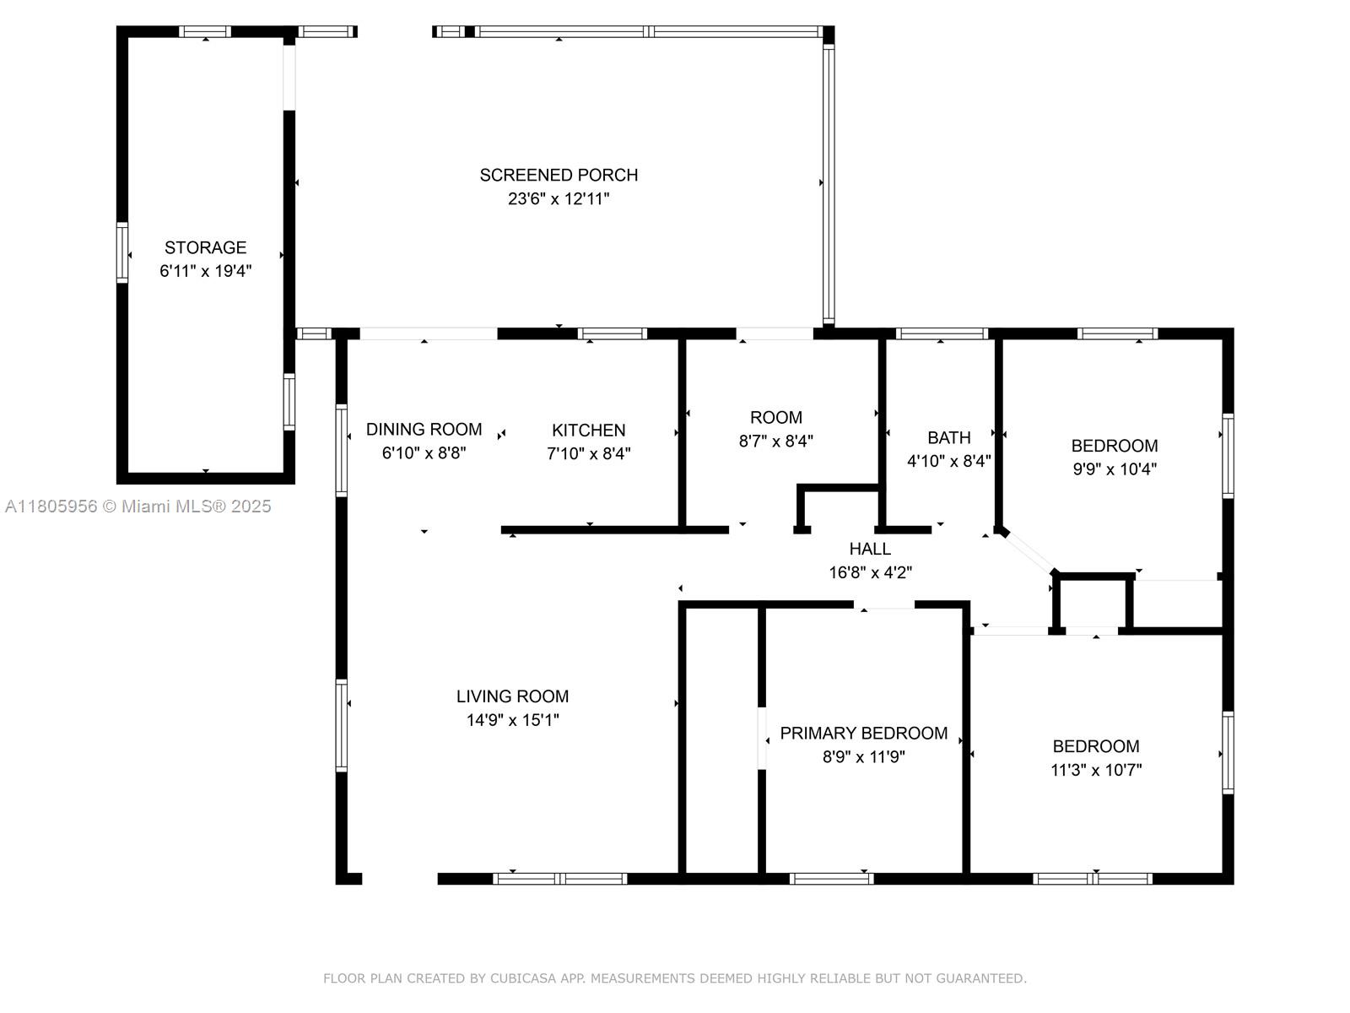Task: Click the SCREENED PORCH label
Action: pos(559,175)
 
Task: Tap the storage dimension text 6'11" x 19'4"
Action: pos(205,271)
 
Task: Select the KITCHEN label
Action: pos(588,430)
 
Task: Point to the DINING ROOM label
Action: pos(424,429)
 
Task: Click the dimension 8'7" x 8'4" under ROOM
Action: pos(775,441)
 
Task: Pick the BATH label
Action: pos(948,437)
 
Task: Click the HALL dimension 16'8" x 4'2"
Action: pos(870,572)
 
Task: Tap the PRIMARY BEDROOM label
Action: pos(863,733)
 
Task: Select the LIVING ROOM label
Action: pos(512,696)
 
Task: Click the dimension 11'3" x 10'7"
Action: pos(1095,770)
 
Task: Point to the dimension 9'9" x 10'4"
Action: pos(1114,469)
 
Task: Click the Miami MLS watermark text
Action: pos(138,506)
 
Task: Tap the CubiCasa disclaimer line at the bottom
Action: pos(674,978)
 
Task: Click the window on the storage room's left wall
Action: pos(122,252)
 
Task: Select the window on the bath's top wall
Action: pos(941,333)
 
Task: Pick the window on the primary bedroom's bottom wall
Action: pos(831,879)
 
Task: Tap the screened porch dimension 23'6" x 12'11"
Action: pos(559,199)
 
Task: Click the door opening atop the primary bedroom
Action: pos(883,604)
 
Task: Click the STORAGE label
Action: pos(205,247)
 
